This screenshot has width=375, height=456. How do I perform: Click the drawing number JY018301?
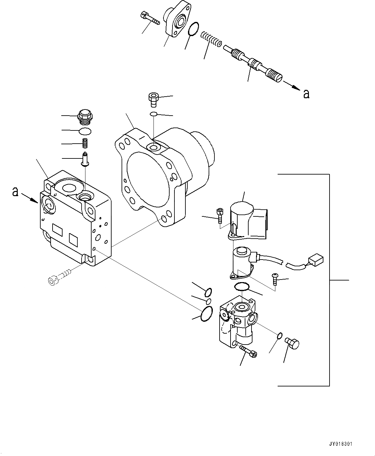pyautogui.click(x=340, y=444)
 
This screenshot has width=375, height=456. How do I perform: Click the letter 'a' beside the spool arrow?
pyautogui.click(x=306, y=94)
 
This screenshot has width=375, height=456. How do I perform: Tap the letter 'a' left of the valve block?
pyautogui.click(x=15, y=192)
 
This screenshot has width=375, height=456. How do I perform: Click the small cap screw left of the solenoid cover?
pyautogui.click(x=220, y=215)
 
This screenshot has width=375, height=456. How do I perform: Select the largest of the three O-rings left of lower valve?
pyautogui.click(x=206, y=314)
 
